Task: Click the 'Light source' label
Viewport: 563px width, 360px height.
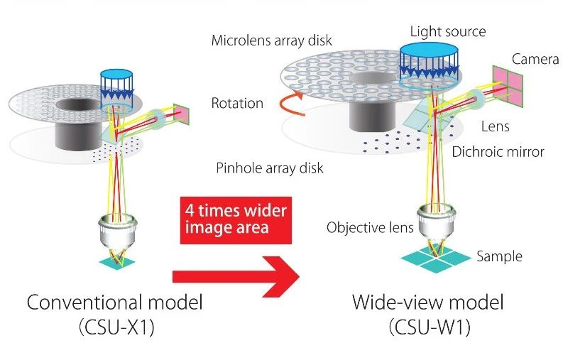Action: click(x=448, y=32)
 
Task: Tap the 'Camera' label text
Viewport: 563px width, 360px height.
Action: click(x=535, y=59)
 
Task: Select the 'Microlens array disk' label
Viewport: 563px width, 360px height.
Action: click(x=272, y=40)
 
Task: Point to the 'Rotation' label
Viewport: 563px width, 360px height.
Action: click(x=237, y=103)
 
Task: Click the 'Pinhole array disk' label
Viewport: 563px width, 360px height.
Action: click(x=270, y=168)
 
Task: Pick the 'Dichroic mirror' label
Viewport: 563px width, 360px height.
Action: click(x=498, y=152)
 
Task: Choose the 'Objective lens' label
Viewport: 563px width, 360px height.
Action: click(x=370, y=227)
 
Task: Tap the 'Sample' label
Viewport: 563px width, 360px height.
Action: click(x=499, y=256)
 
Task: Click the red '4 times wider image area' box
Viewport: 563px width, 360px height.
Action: click(x=236, y=220)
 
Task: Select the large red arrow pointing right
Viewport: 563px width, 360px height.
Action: click(x=236, y=276)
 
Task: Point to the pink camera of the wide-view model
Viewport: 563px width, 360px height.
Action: click(x=508, y=86)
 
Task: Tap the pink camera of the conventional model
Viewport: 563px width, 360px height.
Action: click(x=181, y=114)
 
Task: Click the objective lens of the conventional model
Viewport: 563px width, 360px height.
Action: click(x=117, y=232)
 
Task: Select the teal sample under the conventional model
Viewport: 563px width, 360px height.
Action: click(x=117, y=261)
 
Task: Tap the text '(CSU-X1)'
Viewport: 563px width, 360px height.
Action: click(x=116, y=327)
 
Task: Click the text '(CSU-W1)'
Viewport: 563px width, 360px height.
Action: click(x=430, y=327)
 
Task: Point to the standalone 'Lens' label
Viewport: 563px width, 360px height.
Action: click(x=495, y=126)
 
